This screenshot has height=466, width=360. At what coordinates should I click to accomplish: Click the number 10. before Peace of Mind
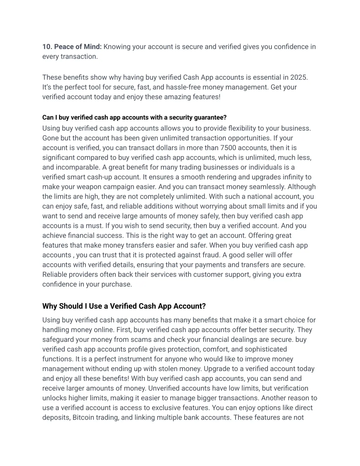click(47, 47)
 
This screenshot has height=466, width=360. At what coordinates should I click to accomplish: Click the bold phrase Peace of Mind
click(78, 47)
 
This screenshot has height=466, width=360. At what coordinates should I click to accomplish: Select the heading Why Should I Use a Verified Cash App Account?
click(124, 306)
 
